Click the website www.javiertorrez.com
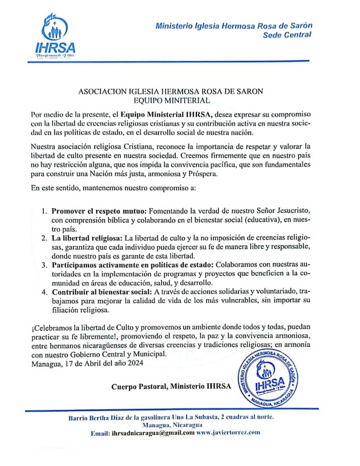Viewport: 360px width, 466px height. [x=228, y=433]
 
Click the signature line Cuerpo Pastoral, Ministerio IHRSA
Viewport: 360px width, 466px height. [x=171, y=386]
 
